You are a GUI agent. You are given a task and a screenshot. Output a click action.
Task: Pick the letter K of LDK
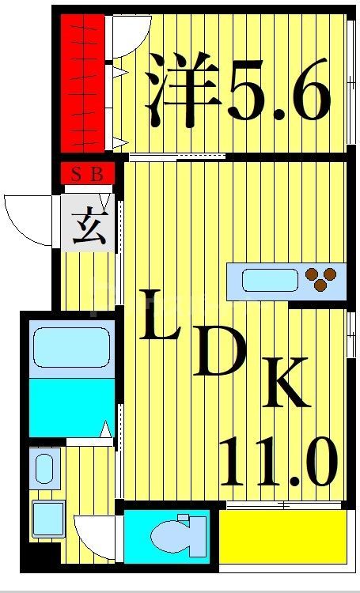pyautogui.click(x=282, y=383)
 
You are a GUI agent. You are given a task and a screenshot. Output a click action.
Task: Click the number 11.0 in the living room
pyautogui.click(x=277, y=462)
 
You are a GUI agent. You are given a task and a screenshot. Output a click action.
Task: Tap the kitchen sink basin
pyautogui.click(x=269, y=280)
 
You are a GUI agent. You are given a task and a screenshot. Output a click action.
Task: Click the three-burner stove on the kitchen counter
pyautogui.click(x=321, y=278)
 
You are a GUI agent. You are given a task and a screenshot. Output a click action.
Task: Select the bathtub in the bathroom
pyautogui.click(x=71, y=346)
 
